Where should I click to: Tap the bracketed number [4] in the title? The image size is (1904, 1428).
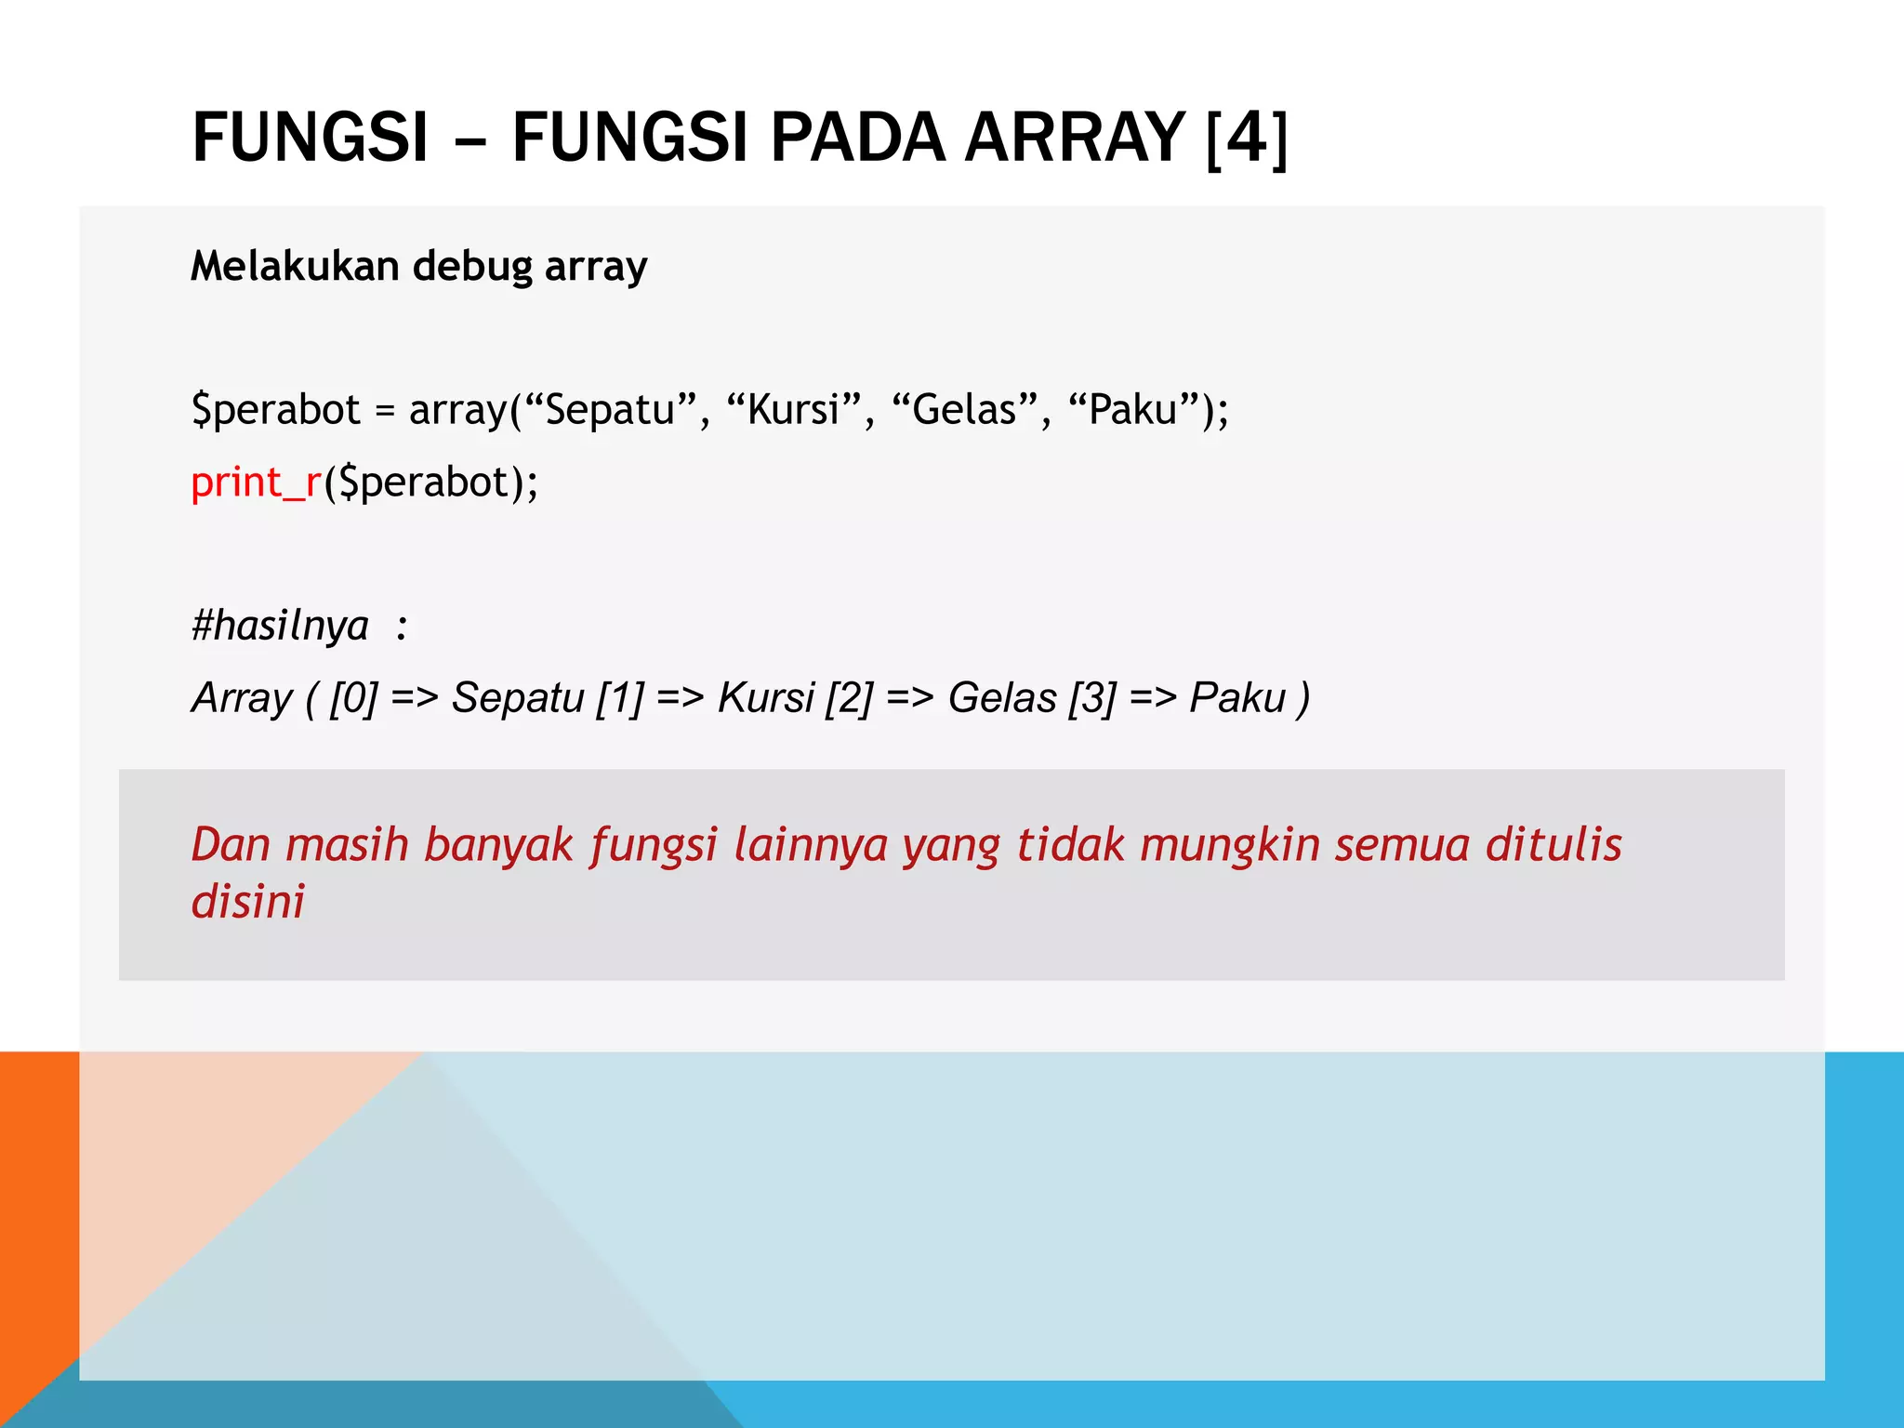1247,138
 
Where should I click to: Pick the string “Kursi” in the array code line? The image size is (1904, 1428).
794,409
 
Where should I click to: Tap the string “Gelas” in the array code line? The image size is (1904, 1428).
964,409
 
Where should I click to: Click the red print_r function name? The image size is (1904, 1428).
256,483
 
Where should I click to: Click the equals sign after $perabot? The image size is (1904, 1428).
384,411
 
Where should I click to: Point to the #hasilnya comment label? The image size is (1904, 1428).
280,625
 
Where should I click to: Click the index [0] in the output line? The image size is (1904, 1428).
353,697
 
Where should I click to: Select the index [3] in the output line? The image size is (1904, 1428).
1091,697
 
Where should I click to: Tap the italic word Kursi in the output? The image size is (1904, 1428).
765,697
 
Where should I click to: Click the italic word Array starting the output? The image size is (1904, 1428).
242,697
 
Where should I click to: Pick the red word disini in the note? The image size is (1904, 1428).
247,901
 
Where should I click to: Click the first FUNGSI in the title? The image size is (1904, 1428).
311,138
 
